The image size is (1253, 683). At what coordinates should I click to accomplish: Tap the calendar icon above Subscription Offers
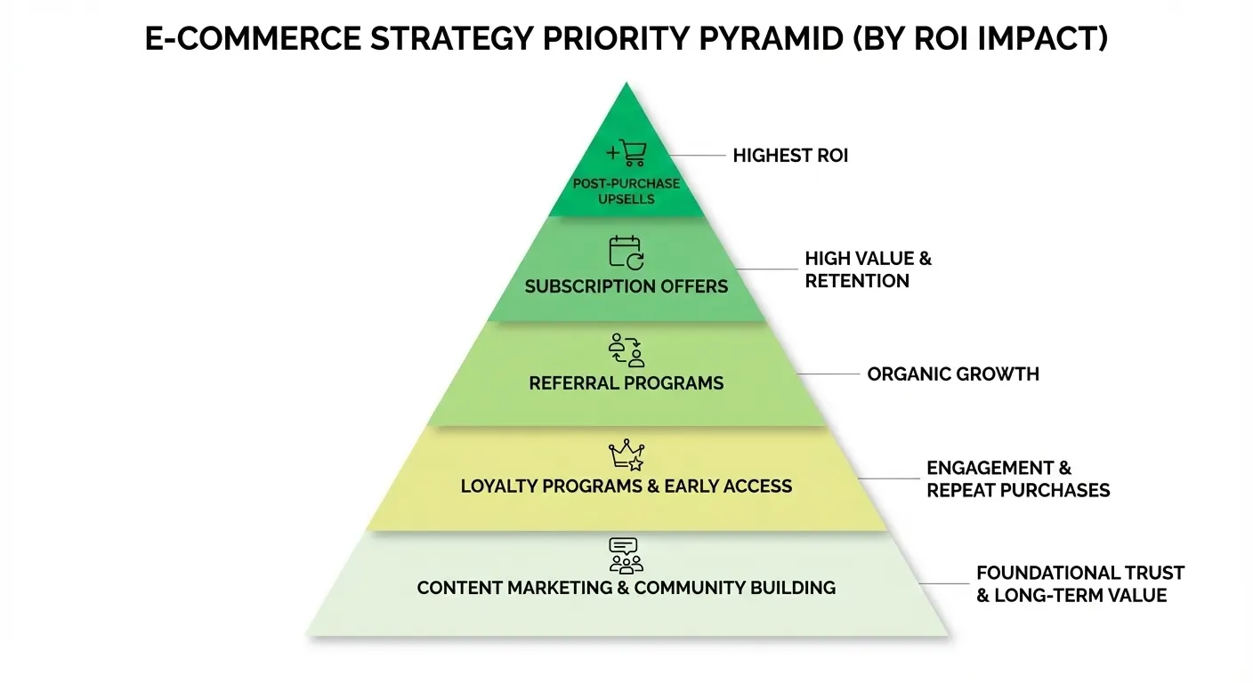click(626, 252)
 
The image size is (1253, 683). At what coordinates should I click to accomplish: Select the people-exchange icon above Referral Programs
click(626, 350)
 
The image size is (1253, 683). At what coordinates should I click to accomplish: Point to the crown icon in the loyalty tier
click(626, 454)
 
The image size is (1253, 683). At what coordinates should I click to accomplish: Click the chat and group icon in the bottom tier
click(626, 555)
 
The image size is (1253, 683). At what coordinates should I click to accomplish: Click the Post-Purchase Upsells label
click(626, 190)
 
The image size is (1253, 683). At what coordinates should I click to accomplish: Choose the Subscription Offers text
click(626, 286)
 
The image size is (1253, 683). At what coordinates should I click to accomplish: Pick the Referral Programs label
click(626, 383)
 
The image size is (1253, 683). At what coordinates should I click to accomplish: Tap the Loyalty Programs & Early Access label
click(626, 486)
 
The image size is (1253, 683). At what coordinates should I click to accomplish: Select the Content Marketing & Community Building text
click(626, 588)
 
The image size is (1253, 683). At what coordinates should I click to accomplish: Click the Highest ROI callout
click(790, 156)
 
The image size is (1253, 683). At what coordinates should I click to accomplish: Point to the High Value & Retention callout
click(868, 269)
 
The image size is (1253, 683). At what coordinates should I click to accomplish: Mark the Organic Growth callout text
click(953, 374)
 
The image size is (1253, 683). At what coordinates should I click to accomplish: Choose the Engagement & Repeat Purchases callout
click(1018, 478)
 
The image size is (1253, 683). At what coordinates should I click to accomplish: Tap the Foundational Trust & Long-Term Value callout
click(1080, 584)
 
